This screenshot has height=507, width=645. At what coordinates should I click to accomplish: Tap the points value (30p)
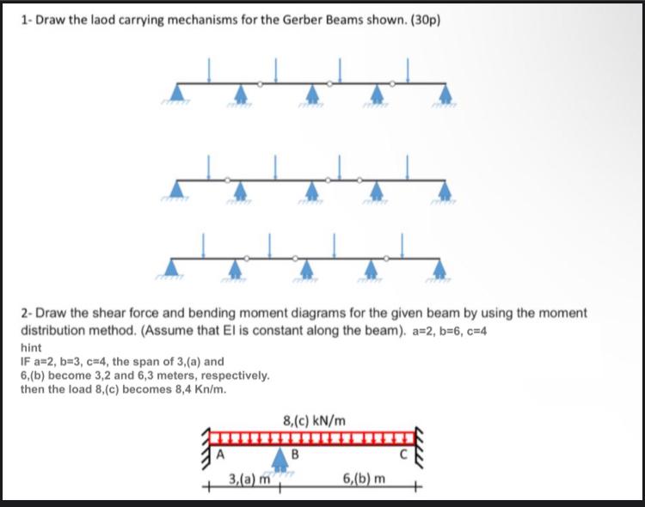[423, 20]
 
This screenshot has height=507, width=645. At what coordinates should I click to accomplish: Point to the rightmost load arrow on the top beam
[408, 70]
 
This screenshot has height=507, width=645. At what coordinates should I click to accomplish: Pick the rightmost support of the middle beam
[445, 188]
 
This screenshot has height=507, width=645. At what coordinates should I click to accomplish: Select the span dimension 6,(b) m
[364, 478]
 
